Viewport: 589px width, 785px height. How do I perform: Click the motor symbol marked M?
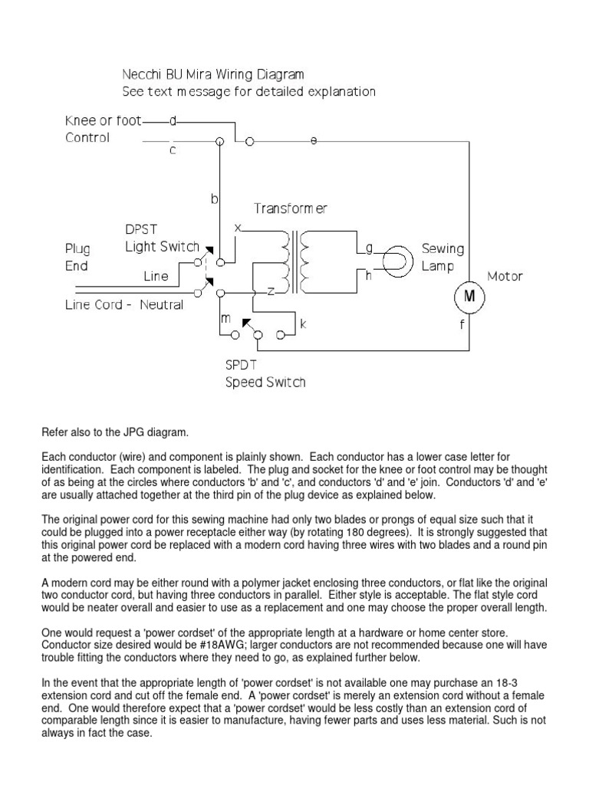(x=468, y=296)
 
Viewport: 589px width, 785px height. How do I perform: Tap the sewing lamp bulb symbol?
(x=396, y=261)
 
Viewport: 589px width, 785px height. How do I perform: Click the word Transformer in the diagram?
(x=291, y=208)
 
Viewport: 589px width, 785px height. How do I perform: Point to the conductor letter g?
(x=369, y=248)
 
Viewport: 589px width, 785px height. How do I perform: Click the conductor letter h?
(x=368, y=275)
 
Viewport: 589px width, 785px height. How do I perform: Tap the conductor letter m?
(x=225, y=317)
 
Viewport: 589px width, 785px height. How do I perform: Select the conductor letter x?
(x=237, y=228)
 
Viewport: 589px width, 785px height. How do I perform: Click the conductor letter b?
(x=215, y=199)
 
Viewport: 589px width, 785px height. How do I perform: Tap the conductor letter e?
(x=312, y=140)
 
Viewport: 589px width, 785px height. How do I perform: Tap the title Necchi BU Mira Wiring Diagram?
(x=213, y=74)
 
